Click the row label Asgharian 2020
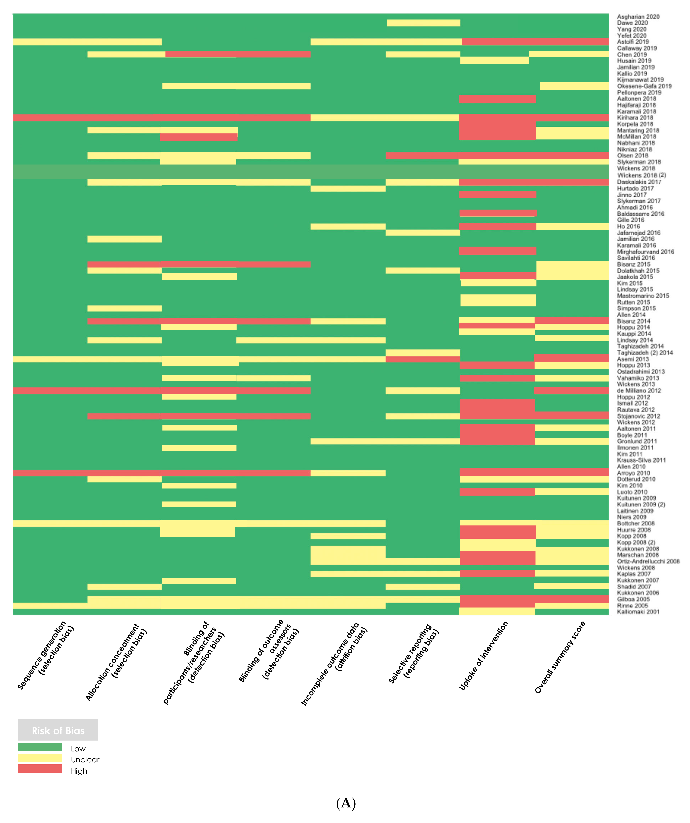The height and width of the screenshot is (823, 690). [x=638, y=16]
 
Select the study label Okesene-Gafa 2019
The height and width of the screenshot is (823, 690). [x=644, y=86]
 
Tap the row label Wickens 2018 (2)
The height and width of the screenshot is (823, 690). [x=641, y=175]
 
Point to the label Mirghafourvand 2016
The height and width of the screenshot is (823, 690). [x=645, y=252]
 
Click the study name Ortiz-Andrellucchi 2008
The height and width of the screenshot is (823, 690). [x=648, y=561]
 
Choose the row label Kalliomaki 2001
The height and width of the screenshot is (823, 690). [x=638, y=612]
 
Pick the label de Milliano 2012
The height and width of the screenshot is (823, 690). [x=639, y=390]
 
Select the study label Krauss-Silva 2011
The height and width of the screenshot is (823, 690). [x=641, y=460]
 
